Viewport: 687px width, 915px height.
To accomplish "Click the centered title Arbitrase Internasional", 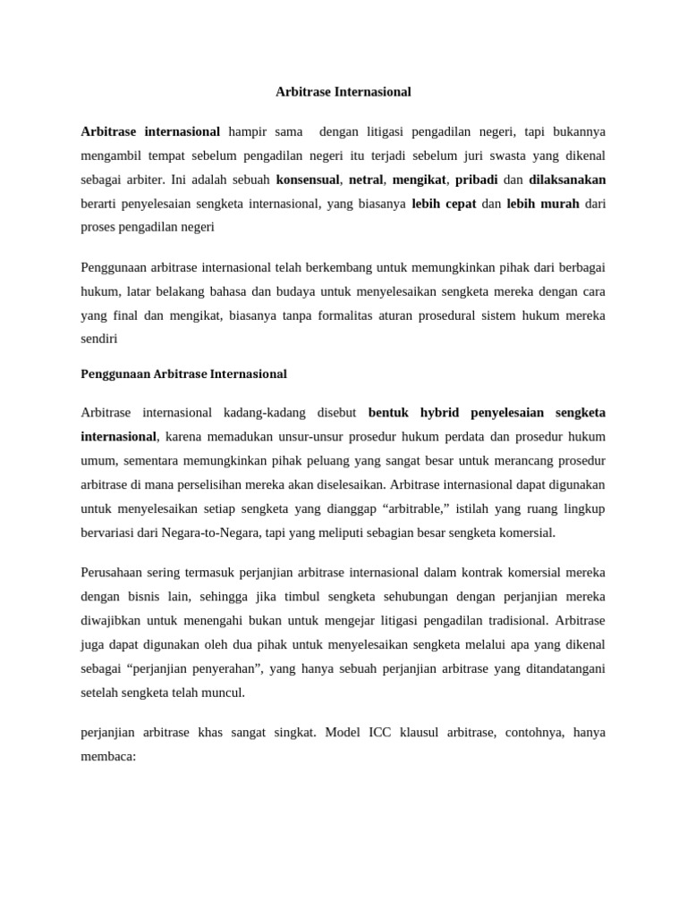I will pyautogui.click(x=343, y=91).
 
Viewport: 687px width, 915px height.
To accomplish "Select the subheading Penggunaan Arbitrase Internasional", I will pyautogui.click(x=183, y=374).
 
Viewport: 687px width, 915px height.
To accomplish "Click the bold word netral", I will pyautogui.click(x=366, y=179).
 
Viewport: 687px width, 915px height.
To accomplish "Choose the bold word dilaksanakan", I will pyautogui.click(x=567, y=179).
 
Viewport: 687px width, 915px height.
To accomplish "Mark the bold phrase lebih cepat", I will pyautogui.click(x=444, y=203).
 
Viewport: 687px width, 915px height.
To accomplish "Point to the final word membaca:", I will pyautogui.click(x=107, y=756).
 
